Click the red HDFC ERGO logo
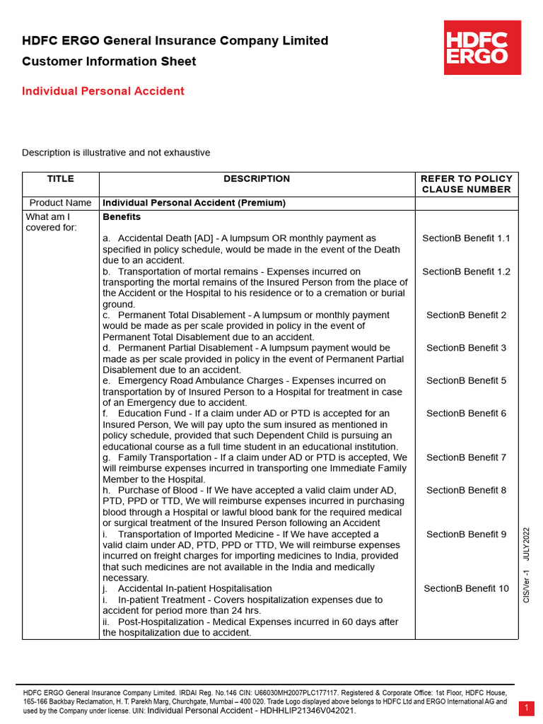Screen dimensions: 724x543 pyautogui.click(x=482, y=47)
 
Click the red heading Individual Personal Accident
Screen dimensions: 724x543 pyautogui.click(x=103, y=91)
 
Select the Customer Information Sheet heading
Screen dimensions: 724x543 pyautogui.click(x=109, y=62)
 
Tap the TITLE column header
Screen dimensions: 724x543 pyautogui.click(x=60, y=179)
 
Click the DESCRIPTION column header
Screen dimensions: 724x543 pyautogui.click(x=257, y=179)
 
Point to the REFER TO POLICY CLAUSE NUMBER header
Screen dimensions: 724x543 pyautogui.click(x=466, y=184)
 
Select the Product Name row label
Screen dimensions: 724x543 pyautogui.click(x=60, y=203)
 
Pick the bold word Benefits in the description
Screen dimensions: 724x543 pyautogui.click(x=122, y=216)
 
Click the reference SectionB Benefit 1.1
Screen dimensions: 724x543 pyautogui.click(x=466, y=238)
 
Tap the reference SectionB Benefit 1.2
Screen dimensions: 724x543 pyautogui.click(x=466, y=271)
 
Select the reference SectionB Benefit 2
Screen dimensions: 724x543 pyautogui.click(x=466, y=315)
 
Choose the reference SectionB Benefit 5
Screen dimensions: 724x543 pyautogui.click(x=466, y=380)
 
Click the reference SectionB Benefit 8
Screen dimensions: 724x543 pyautogui.click(x=466, y=490)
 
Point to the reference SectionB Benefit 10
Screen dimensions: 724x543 pyautogui.click(x=466, y=588)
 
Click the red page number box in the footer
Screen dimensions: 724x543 pyautogui.click(x=527, y=708)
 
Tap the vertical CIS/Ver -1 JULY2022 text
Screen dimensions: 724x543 pyautogui.click(x=526, y=566)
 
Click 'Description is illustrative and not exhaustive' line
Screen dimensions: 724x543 pyautogui.click(x=116, y=153)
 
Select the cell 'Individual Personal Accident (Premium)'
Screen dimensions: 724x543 pyautogui.click(x=194, y=203)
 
